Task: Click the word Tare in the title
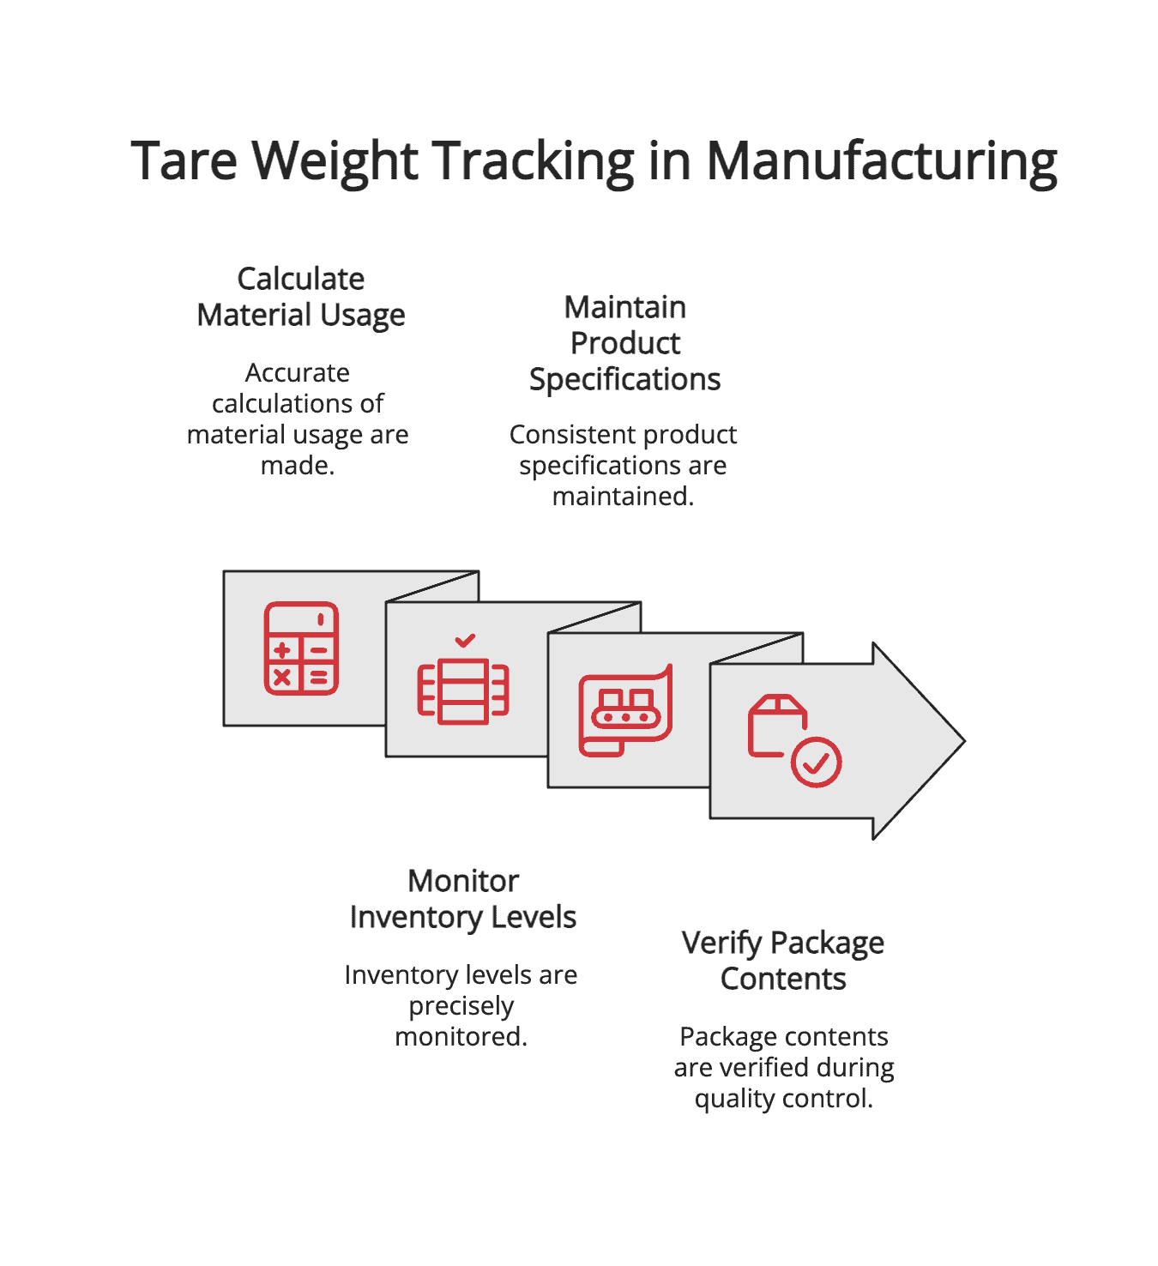184,160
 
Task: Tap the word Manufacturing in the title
882,160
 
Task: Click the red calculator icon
301,648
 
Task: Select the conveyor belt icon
625,710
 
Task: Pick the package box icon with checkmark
793,740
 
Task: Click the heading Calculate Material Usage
300,297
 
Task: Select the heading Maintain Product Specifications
624,343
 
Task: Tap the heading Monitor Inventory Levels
463,899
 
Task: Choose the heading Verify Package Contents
783,961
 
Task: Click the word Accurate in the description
298,373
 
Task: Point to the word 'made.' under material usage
298,466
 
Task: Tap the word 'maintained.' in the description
623,497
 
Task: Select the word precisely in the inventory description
461,1006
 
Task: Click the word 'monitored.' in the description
461,1037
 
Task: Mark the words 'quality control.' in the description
784,1099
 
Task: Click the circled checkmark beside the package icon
816,762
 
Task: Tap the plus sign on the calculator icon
282,651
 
